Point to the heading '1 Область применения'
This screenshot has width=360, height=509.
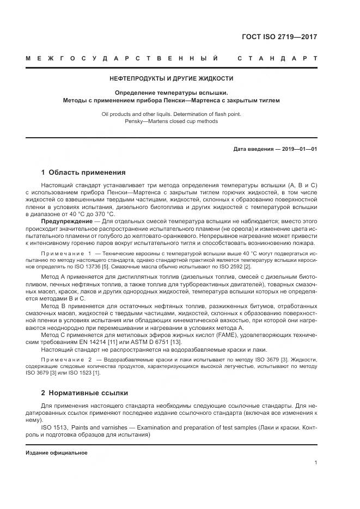point(83,173)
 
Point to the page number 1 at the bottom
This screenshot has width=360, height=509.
point(316,462)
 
